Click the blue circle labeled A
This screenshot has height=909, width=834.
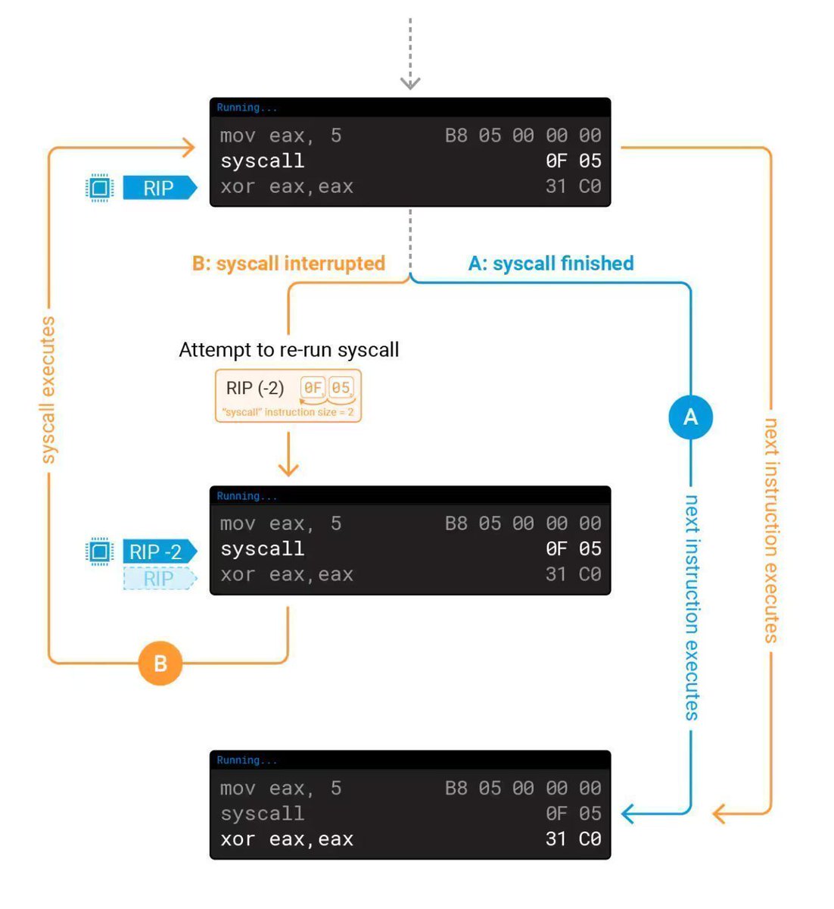pyautogui.click(x=690, y=417)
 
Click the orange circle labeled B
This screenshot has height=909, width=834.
pyautogui.click(x=160, y=664)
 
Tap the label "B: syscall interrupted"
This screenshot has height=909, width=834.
pyautogui.click(x=288, y=264)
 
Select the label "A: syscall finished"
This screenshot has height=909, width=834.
pyautogui.click(x=551, y=264)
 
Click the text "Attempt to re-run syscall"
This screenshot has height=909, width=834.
pyautogui.click(x=288, y=350)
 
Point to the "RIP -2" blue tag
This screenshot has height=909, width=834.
pyautogui.click(x=157, y=551)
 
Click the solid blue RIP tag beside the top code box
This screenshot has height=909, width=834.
pyautogui.click(x=159, y=188)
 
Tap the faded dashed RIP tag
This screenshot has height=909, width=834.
pyautogui.click(x=159, y=579)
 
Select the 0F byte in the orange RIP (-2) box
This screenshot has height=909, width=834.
pyautogui.click(x=313, y=388)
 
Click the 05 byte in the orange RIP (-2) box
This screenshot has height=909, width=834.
pyautogui.click(x=341, y=388)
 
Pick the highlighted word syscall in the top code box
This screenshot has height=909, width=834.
pyautogui.click(x=262, y=161)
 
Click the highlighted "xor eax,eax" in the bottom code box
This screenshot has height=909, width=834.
pyautogui.click(x=287, y=839)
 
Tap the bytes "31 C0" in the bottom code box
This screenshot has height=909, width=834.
pyautogui.click(x=573, y=839)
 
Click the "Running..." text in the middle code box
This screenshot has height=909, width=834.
pyautogui.click(x=247, y=496)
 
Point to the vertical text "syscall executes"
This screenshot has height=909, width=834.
pyautogui.click(x=48, y=390)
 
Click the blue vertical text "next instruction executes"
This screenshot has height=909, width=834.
pyautogui.click(x=691, y=606)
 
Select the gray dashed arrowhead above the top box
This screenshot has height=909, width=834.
pyautogui.click(x=410, y=82)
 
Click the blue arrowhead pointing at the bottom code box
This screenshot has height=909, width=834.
pyautogui.click(x=628, y=814)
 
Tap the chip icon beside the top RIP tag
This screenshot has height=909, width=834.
pyautogui.click(x=99, y=188)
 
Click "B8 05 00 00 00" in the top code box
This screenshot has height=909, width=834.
pyautogui.click(x=523, y=136)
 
